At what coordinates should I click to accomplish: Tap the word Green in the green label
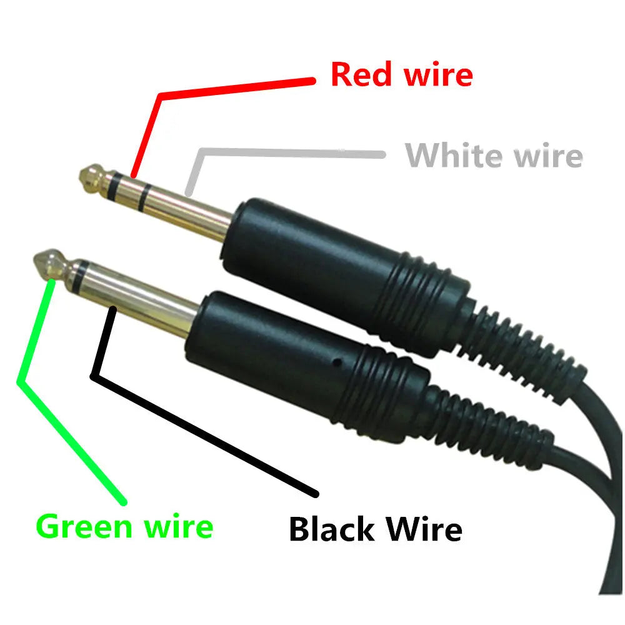pos(85,526)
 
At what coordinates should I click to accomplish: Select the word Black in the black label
pos(332,529)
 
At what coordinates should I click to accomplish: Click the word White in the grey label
pos(454,155)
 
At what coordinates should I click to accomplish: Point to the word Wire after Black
pos(423,529)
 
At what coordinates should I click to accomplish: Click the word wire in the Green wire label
pos(179,526)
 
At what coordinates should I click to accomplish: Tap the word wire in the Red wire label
pos(436,74)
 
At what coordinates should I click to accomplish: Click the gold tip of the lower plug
pos(52,265)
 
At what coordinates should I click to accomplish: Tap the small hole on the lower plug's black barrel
pos(337,362)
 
